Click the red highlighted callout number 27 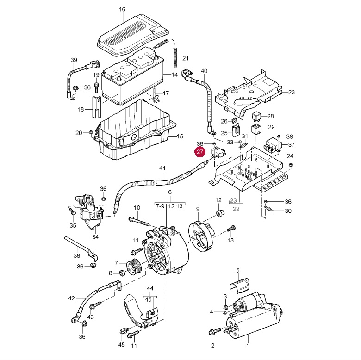coord(200,152)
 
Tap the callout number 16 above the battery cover coord(122,9)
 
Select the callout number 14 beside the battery coord(174,75)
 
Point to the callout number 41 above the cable coord(162,168)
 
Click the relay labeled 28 coord(257,116)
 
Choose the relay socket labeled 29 coord(256,129)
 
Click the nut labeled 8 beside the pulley coord(122,273)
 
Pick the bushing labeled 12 coord(220,213)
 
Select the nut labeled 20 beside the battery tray coord(90,133)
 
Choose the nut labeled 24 coord(290,165)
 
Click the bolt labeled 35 coord(72,211)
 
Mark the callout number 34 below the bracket coord(95,236)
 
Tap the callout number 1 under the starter coord(248,346)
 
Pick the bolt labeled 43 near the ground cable coord(95,305)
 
